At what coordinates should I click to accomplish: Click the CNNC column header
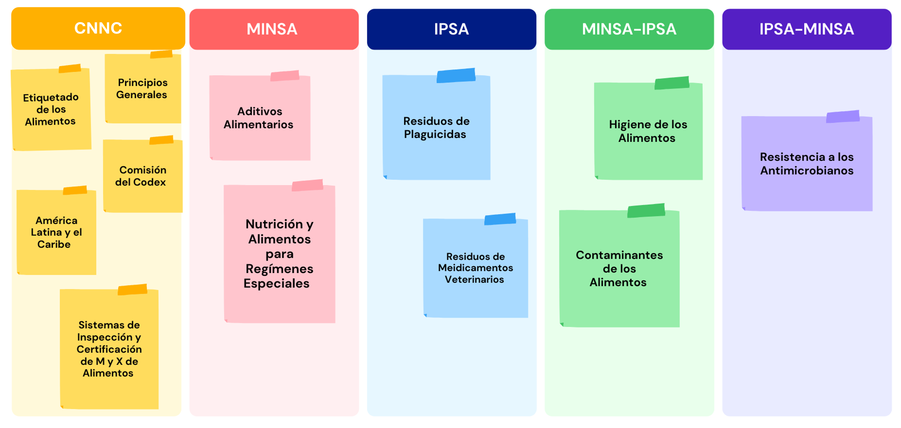98,28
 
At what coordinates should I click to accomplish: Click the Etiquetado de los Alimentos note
51,108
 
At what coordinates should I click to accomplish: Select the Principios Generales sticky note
143,87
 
